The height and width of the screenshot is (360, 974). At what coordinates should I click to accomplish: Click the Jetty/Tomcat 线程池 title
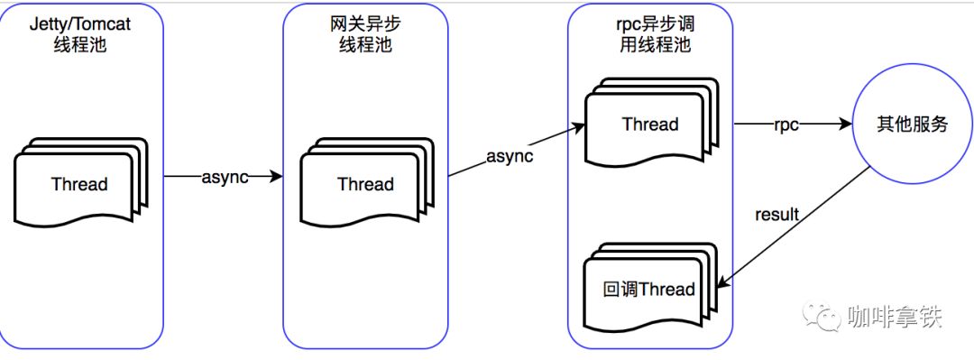(80, 34)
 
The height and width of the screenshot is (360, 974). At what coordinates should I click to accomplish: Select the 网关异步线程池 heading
(365, 34)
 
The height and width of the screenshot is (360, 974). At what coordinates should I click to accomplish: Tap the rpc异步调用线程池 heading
(650, 34)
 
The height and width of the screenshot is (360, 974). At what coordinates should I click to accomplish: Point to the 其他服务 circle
(913, 125)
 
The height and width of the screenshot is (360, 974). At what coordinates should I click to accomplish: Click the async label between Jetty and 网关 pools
(225, 177)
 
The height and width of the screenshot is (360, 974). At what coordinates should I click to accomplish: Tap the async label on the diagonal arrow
(510, 156)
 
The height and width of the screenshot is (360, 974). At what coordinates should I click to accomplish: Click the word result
(776, 215)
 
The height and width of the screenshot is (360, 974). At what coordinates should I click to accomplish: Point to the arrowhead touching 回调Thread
(722, 283)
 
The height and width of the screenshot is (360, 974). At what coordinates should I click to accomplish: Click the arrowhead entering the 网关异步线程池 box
(277, 177)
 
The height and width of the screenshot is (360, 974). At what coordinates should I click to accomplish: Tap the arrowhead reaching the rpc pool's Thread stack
(579, 128)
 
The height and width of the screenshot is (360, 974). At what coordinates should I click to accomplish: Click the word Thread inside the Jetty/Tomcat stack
(80, 185)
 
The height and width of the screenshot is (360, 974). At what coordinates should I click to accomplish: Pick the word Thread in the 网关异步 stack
(366, 185)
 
